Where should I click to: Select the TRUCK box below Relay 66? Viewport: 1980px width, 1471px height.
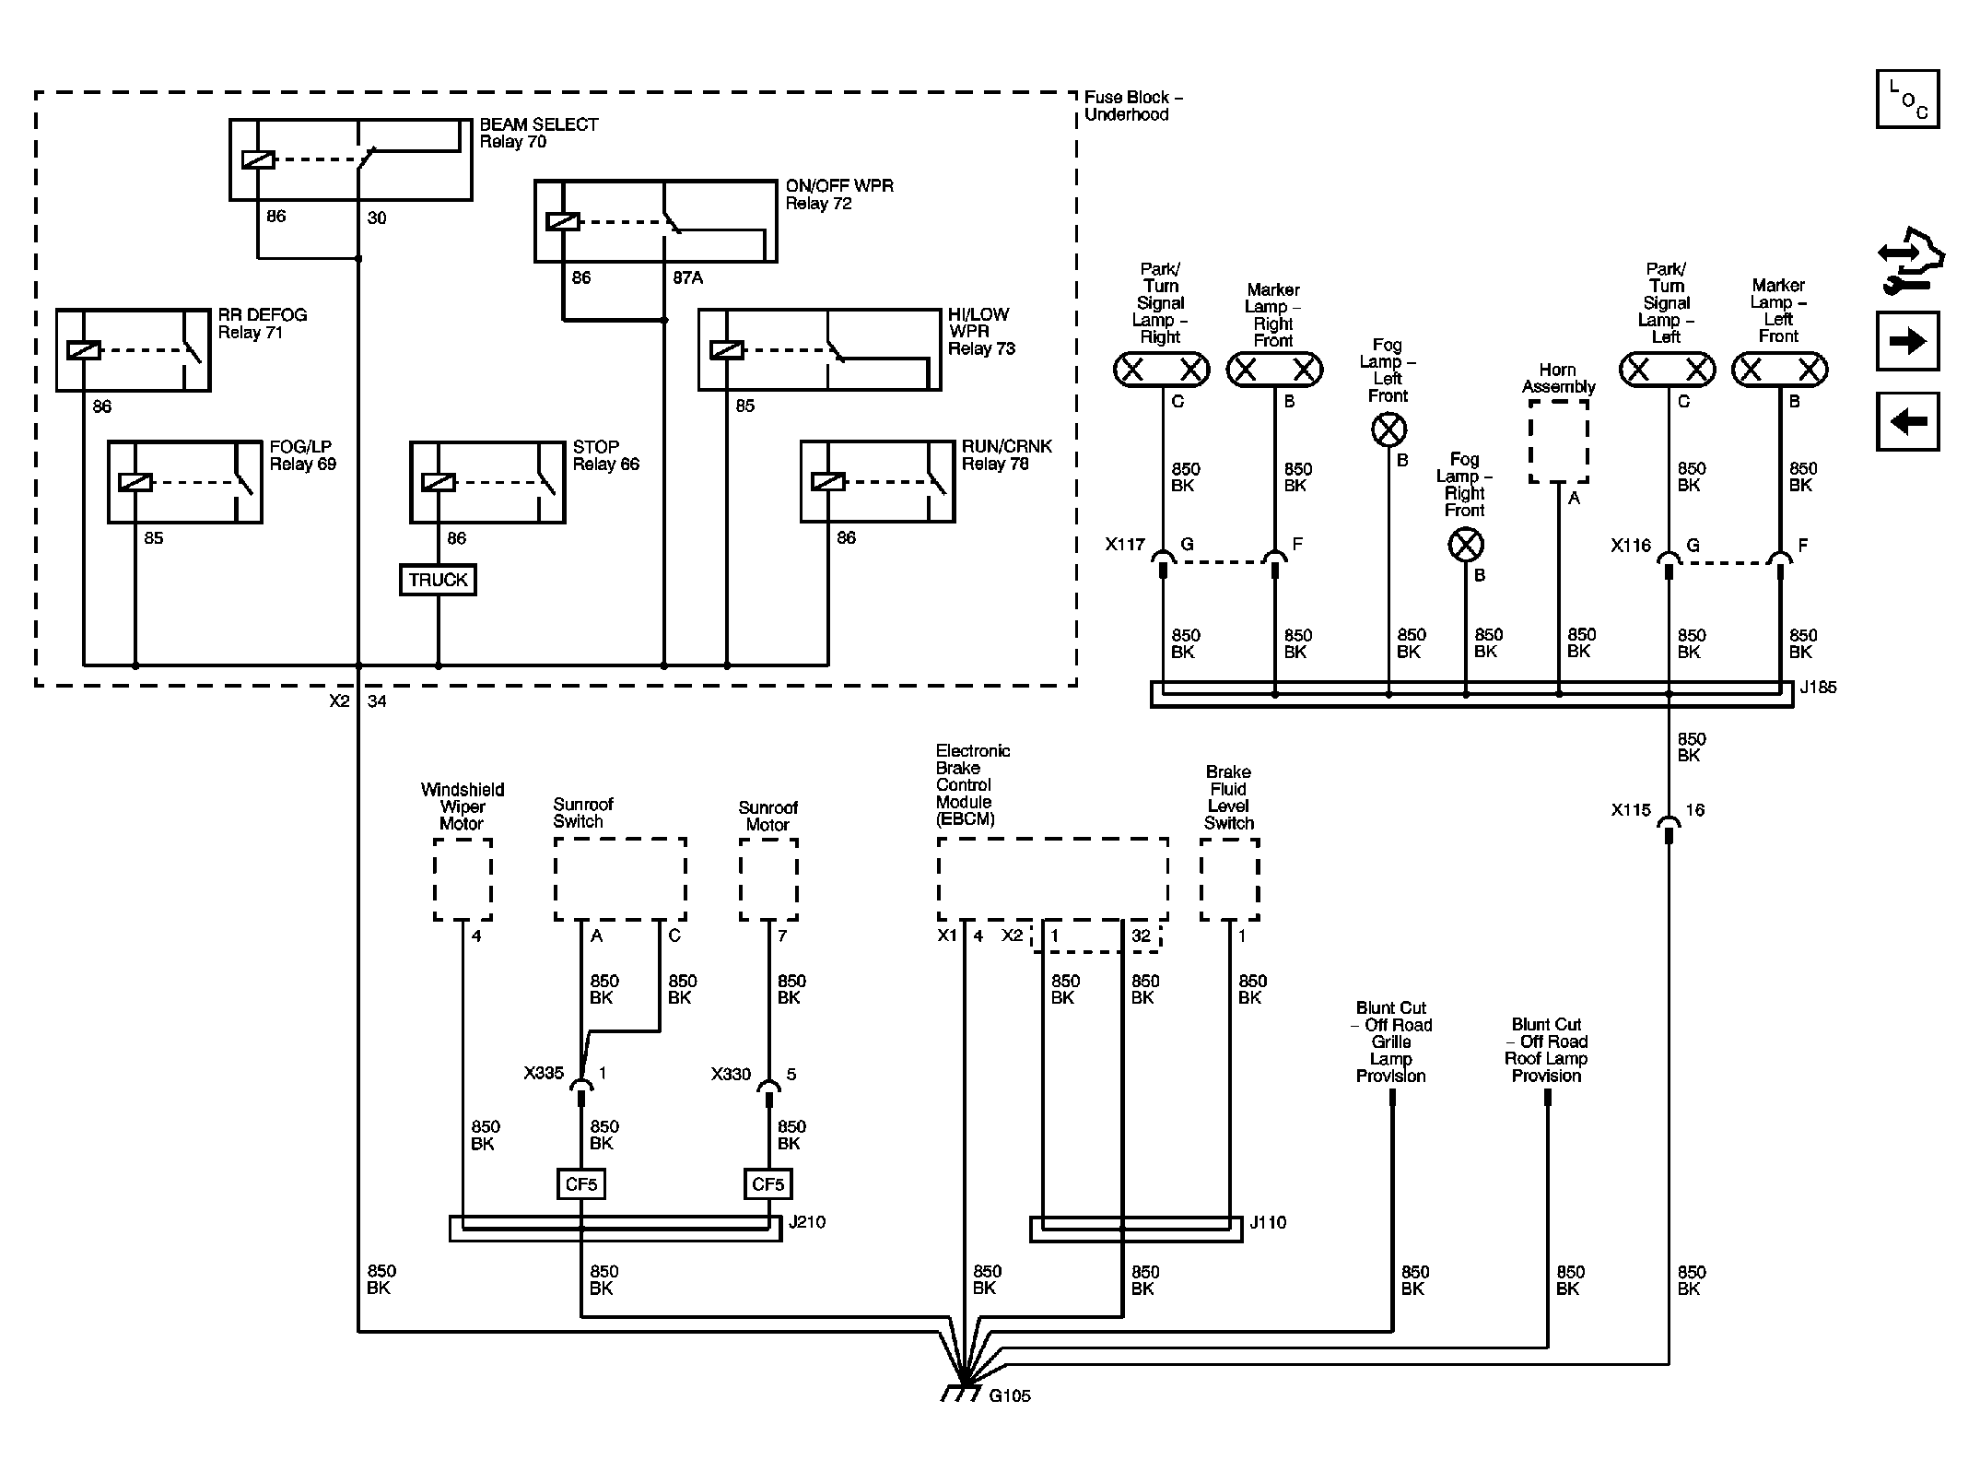tap(438, 580)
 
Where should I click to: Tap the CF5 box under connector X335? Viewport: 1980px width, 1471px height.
tap(581, 1184)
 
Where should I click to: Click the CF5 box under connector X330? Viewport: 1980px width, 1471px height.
tap(768, 1184)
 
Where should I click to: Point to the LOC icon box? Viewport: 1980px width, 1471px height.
tap(1907, 99)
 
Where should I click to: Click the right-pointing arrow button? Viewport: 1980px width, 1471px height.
tap(1907, 341)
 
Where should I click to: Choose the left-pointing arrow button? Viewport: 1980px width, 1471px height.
tap(1907, 421)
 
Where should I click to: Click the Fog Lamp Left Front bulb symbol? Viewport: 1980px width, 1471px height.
tap(1388, 430)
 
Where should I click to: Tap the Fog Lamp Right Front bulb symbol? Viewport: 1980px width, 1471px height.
tap(1466, 545)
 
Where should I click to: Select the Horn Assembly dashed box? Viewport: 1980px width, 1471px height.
tap(1558, 441)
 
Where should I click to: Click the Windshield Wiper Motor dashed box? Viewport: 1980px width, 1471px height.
tap(463, 879)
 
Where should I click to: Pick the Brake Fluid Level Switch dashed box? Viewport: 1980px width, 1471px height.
tap(1230, 879)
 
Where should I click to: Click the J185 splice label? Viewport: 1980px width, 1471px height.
tap(1817, 688)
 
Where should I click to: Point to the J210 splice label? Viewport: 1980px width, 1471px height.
tap(806, 1222)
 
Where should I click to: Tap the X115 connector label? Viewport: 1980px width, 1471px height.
tap(1630, 810)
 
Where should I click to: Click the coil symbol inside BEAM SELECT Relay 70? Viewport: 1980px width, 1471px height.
tap(258, 159)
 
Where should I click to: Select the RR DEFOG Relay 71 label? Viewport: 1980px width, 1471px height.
tap(262, 324)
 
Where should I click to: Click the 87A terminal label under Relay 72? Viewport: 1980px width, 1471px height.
tap(686, 277)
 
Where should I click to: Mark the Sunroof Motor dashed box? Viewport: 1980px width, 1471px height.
tap(768, 879)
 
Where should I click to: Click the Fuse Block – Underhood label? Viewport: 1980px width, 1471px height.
tap(1132, 106)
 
